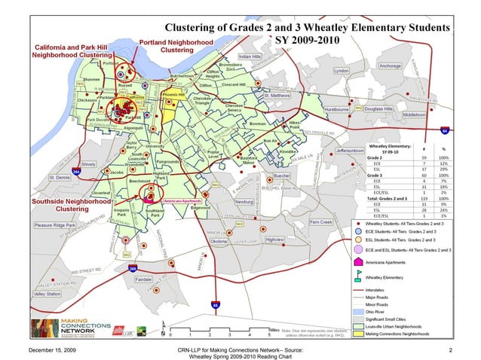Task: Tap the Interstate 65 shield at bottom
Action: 215,305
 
